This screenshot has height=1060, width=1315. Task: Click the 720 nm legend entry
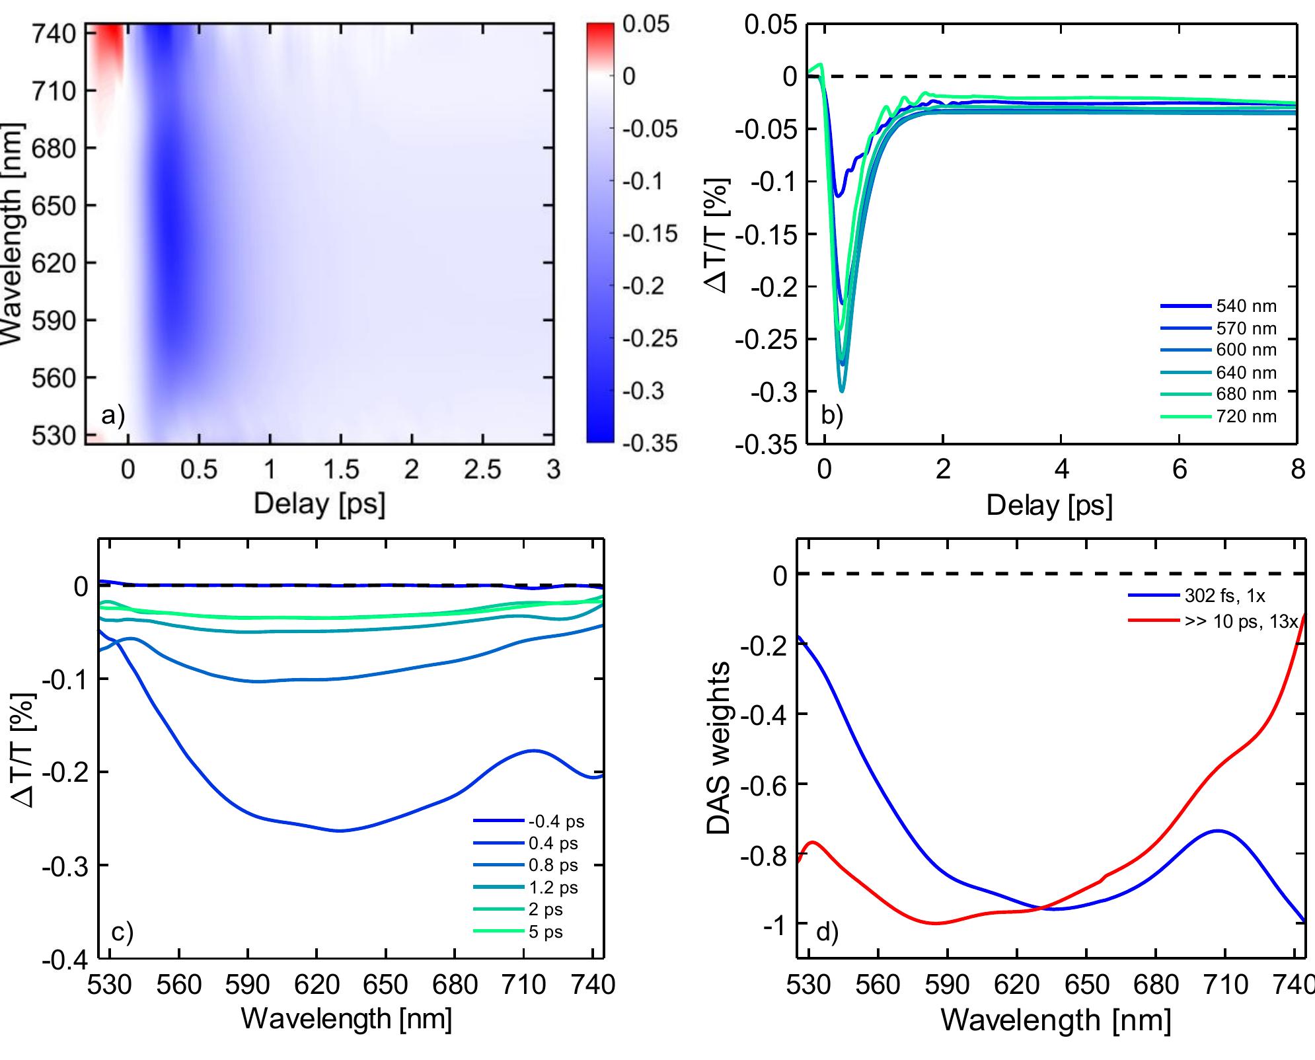tap(1246, 416)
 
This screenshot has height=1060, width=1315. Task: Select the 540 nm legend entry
tap(1246, 307)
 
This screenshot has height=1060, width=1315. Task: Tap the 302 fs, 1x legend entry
tap(1224, 596)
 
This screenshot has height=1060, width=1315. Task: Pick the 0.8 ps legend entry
tap(552, 865)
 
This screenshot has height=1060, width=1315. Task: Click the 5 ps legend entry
tap(545, 932)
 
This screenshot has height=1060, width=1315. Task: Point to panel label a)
tap(112, 416)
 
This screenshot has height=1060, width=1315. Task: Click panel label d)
tap(827, 932)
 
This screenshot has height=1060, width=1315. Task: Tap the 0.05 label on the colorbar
tap(646, 24)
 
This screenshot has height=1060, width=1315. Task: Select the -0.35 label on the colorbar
tap(650, 443)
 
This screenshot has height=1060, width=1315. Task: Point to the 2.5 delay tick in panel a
tap(482, 469)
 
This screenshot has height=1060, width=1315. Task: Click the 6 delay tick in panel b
tap(1180, 469)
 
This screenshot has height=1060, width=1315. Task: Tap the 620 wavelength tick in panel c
tap(317, 985)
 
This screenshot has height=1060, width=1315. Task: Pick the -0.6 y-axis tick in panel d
tap(763, 784)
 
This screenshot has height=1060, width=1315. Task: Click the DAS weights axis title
tap(720, 748)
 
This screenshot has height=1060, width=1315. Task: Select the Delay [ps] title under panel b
tap(1049, 506)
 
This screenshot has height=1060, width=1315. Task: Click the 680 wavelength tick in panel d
tap(1155, 985)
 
